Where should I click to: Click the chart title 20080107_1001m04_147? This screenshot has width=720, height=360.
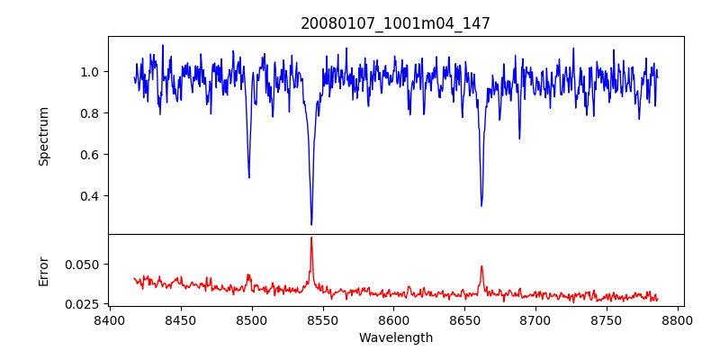click(395, 23)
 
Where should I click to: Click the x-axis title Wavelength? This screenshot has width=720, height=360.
click(395, 338)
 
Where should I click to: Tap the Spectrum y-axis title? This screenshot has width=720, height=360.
click(44, 136)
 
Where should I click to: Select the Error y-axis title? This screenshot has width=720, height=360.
click(44, 271)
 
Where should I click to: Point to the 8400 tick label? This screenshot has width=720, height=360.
click(109, 319)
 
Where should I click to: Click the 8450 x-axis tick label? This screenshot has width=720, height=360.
click(180, 319)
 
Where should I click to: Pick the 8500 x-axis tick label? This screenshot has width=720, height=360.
click(251, 319)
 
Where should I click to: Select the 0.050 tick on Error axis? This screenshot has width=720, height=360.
click(82, 265)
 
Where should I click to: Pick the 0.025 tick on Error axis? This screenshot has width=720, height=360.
click(82, 304)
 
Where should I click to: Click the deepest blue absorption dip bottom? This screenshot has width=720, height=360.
click(311, 224)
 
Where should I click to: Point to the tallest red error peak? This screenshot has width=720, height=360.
click(311, 238)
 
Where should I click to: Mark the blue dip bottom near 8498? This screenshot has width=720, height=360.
click(249, 177)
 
